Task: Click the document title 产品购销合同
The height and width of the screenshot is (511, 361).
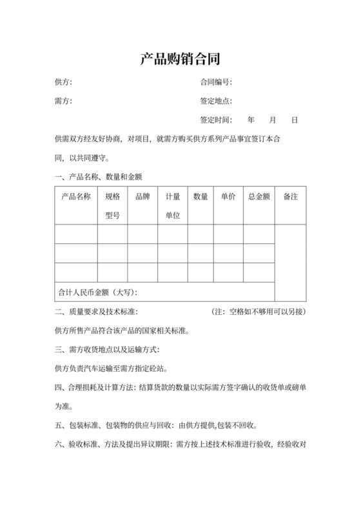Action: (180, 59)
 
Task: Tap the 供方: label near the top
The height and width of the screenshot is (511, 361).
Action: (64, 82)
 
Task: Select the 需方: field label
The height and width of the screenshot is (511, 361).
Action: (64, 101)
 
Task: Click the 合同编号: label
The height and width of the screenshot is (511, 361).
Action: (216, 82)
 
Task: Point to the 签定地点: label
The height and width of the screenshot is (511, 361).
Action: (216, 101)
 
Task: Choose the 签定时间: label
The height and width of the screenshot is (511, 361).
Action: (216, 120)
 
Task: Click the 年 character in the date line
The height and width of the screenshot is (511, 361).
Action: (251, 120)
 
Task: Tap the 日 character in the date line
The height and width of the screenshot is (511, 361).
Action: (294, 120)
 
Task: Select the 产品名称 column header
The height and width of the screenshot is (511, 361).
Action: (76, 197)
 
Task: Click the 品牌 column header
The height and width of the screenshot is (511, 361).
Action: (142, 197)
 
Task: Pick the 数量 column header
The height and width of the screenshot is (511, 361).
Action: (200, 197)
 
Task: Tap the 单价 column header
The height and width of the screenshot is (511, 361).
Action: (228, 197)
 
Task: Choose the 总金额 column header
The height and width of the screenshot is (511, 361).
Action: (259, 197)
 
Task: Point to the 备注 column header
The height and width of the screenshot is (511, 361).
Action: (290, 197)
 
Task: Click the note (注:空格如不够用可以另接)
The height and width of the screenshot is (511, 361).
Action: (259, 312)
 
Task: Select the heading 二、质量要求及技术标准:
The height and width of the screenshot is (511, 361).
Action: (97, 312)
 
